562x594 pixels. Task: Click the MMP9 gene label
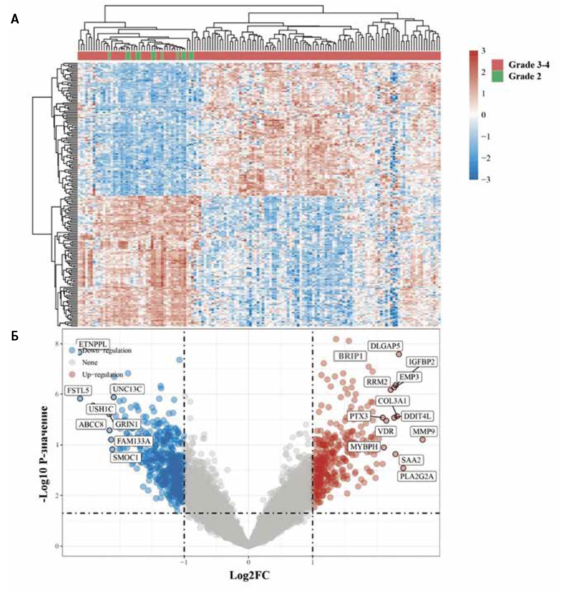coord(424,432)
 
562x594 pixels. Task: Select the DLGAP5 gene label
coord(385,346)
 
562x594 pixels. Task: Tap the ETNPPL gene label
coord(93,345)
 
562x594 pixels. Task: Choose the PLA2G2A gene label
coord(417,476)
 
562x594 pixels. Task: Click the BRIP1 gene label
coord(350,356)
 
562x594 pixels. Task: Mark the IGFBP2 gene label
coord(421,362)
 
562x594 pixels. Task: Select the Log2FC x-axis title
coord(249,575)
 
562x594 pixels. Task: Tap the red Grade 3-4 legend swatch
coord(497,65)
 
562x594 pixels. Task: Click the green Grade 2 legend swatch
coord(497,76)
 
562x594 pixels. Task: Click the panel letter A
coord(15,20)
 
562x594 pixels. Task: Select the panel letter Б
coord(15,336)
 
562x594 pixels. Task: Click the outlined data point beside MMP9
coord(423,439)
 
